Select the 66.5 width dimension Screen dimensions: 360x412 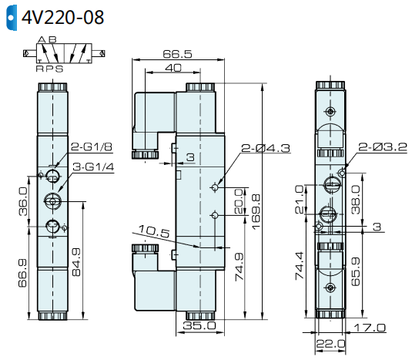(177, 56)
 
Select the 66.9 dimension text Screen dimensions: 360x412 (23, 274)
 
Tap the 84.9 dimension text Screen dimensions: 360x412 (75, 262)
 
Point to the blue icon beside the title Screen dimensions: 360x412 (9, 16)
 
